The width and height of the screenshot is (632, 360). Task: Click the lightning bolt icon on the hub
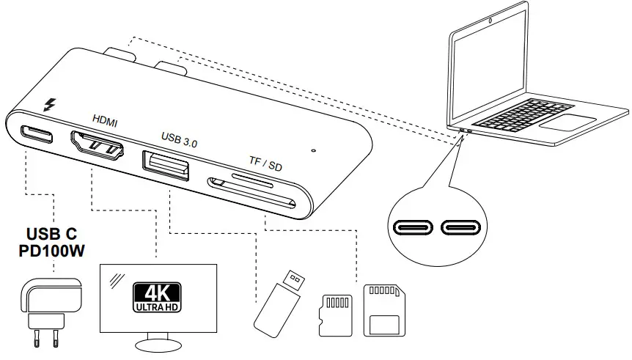[51, 106]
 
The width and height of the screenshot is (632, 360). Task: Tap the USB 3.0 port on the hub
[166, 165]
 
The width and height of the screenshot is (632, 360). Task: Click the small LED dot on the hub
[313, 151]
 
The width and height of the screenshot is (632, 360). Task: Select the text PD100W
[50, 250]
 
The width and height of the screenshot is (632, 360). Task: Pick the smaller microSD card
[336, 315]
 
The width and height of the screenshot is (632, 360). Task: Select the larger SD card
[385, 312]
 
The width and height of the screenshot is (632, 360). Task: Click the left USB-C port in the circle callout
[415, 227]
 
